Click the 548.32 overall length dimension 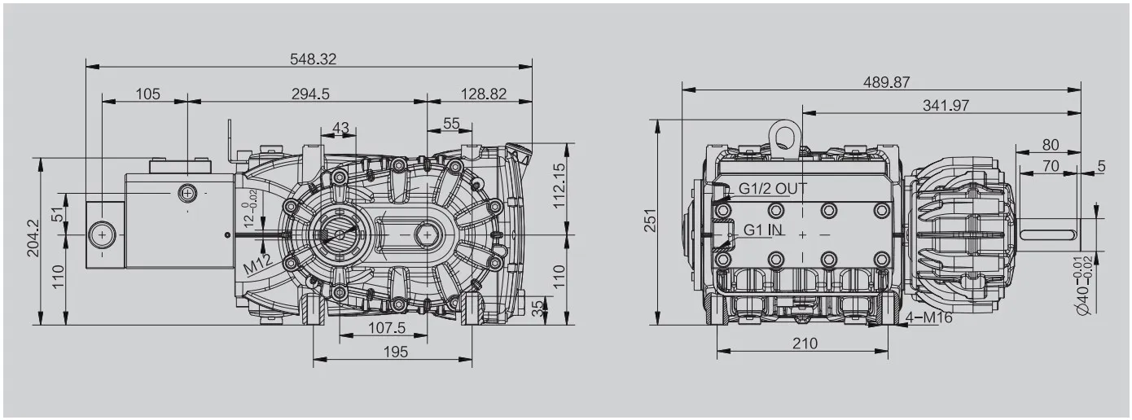[x=313, y=59]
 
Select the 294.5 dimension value [x=310, y=94]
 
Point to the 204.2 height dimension [x=33, y=238]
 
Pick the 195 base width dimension [x=395, y=352]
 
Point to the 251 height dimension [x=650, y=220]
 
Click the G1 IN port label [x=763, y=230]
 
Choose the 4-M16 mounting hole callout [x=928, y=317]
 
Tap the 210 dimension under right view [x=805, y=343]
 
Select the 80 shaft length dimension [x=1051, y=145]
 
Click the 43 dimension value [x=340, y=127]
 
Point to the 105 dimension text [x=147, y=94]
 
